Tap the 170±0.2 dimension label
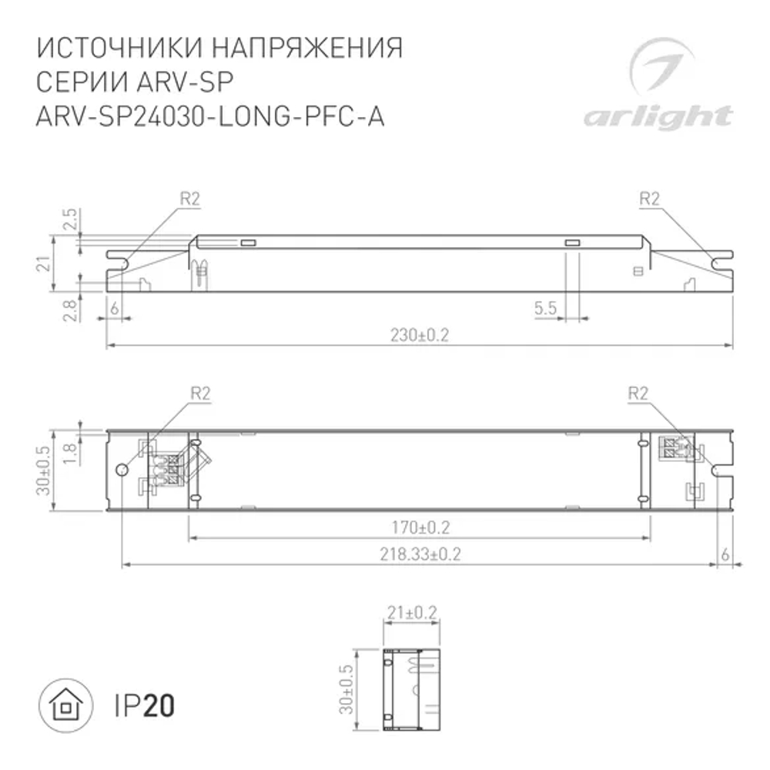420,527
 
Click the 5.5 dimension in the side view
545,309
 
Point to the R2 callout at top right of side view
650,199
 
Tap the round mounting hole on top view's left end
121,470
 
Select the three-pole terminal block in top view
173,470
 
